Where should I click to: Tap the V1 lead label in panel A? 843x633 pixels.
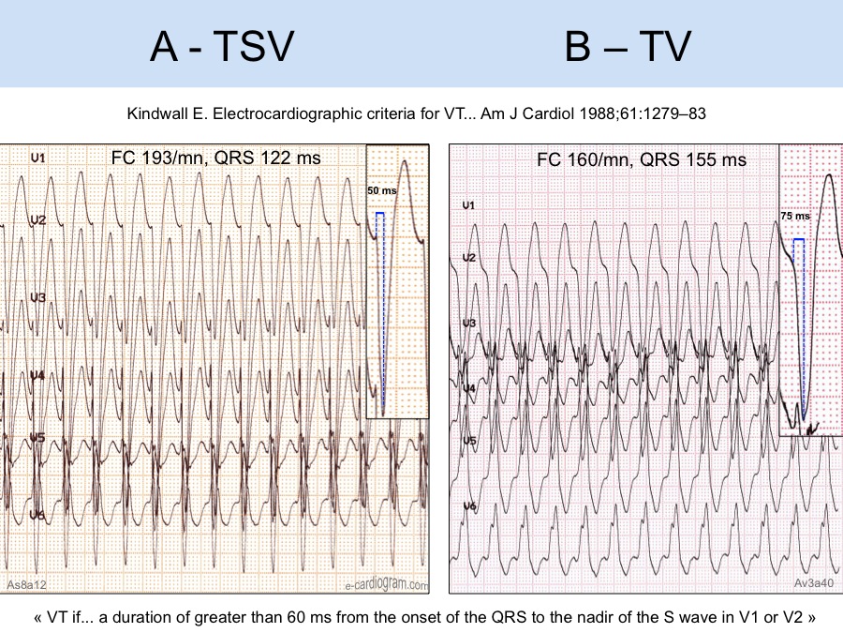tap(37, 158)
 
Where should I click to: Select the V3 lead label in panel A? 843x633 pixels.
tap(37, 297)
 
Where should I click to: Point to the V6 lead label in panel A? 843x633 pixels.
tap(37, 514)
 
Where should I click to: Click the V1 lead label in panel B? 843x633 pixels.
tap(468, 204)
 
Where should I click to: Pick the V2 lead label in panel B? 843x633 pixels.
tap(468, 257)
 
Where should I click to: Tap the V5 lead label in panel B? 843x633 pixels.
tap(468, 440)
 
